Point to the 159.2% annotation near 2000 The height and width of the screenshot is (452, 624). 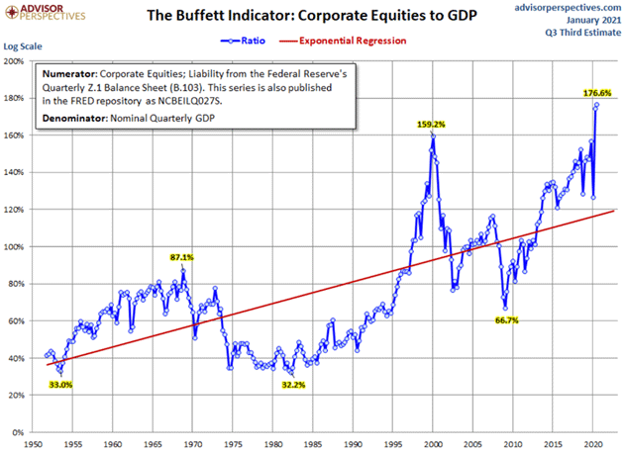(432, 125)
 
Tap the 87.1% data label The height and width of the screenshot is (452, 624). (181, 257)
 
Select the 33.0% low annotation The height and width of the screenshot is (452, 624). (61, 385)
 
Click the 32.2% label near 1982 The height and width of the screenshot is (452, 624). (292, 385)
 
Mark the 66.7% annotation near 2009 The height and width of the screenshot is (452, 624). (507, 320)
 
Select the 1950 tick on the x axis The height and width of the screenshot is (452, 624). (32, 443)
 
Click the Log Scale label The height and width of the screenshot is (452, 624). (25, 46)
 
